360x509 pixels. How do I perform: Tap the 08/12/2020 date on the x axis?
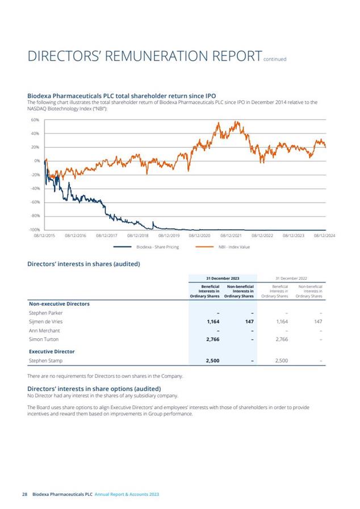[199, 235]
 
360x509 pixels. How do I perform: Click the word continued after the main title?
[275, 59]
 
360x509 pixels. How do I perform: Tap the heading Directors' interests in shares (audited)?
[83, 264]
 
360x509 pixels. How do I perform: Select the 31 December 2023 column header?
[223, 278]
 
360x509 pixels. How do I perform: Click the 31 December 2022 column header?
[292, 278]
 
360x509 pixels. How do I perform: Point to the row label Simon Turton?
[45, 339]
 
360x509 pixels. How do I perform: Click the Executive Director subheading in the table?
[52, 351]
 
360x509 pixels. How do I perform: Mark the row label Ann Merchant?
[45, 330]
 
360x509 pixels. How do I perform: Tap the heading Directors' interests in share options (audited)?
[94, 388]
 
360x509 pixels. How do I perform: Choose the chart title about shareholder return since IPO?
[122, 96]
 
